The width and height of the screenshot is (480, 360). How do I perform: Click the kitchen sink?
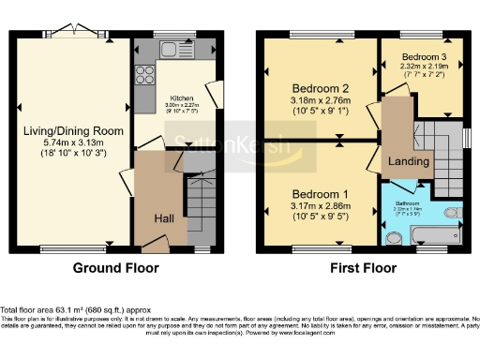point(175,49)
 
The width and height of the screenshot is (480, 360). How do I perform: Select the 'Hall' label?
point(163,217)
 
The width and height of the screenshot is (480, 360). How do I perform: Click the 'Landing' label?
point(411,161)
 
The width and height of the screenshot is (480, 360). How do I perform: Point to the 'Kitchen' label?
point(181,97)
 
